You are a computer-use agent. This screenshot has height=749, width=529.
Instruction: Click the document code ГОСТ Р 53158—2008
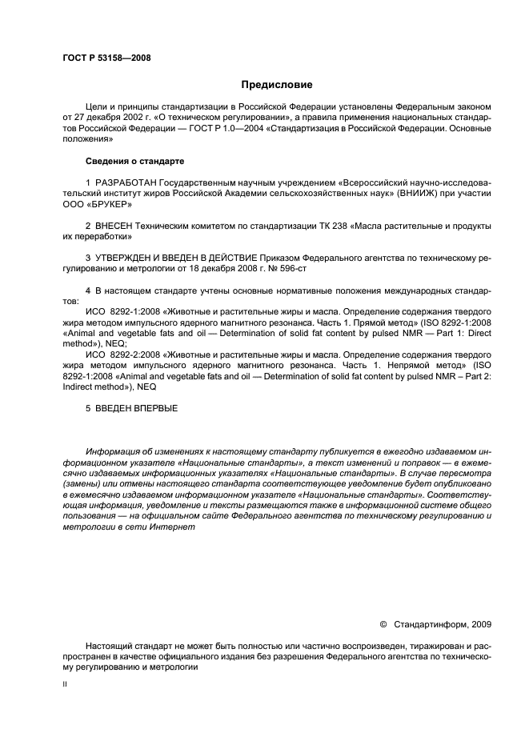click(106, 58)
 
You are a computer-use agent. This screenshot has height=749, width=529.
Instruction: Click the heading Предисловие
click(277, 84)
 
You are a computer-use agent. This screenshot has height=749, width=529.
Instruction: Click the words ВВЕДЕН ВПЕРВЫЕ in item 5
click(135, 407)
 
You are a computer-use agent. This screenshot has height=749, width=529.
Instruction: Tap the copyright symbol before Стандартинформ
click(383, 623)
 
